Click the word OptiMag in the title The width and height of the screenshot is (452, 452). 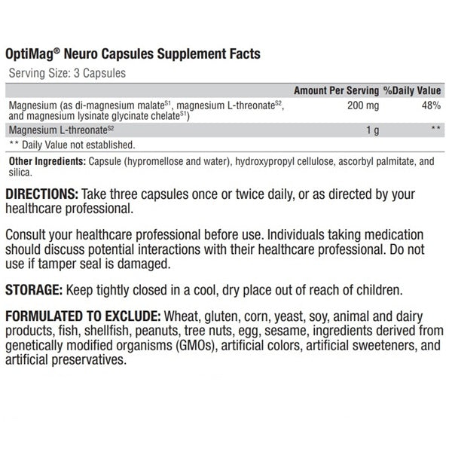coord(34,54)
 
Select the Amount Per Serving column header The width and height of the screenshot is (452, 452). coord(336,90)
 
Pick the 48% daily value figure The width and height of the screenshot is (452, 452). coord(431,105)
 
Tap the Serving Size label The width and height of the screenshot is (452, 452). coord(36,73)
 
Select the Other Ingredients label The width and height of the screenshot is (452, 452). coord(44,161)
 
